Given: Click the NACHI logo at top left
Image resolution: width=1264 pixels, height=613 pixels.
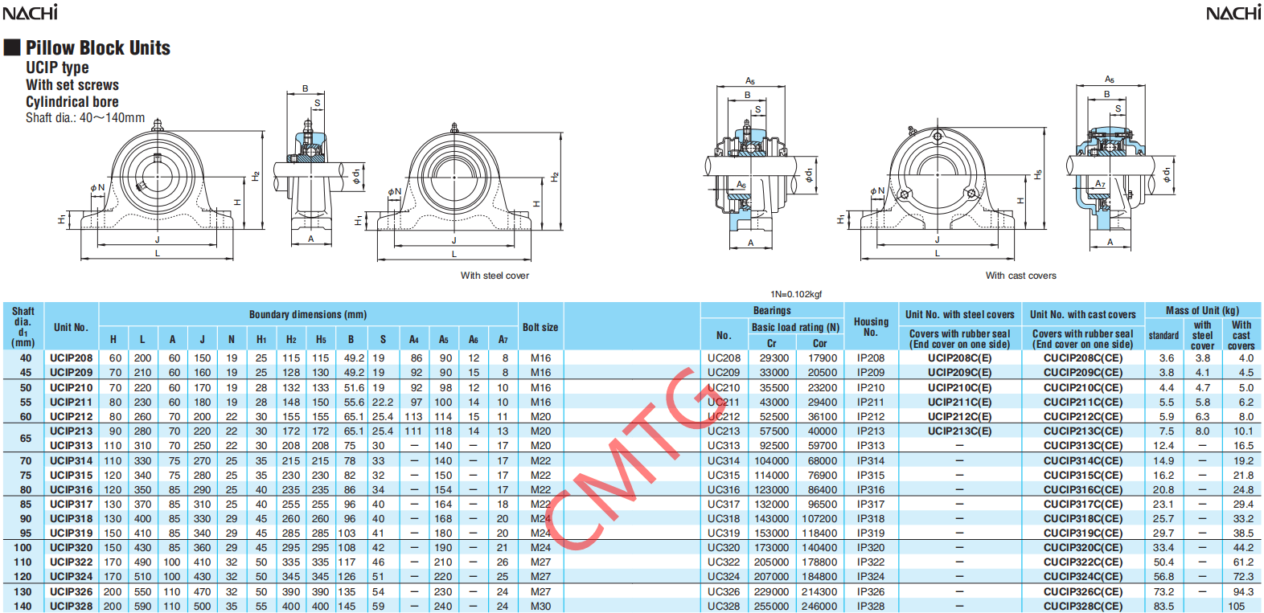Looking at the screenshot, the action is pyautogui.click(x=31, y=12).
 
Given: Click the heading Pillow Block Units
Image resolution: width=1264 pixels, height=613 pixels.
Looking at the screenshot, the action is pyautogui.click(x=97, y=48).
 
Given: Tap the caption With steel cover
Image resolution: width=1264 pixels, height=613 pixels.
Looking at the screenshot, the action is pyautogui.click(x=495, y=276).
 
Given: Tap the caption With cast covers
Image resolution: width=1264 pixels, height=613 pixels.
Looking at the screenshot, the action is pyautogui.click(x=1021, y=276).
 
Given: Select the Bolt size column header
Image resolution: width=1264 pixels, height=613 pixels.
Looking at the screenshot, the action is pyautogui.click(x=540, y=327).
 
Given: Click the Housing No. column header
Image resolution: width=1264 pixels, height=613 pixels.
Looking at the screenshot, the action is pyautogui.click(x=871, y=326).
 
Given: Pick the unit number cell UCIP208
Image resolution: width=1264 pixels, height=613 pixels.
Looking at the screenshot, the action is pyautogui.click(x=71, y=358).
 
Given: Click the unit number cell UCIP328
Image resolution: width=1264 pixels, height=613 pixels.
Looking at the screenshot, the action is pyautogui.click(x=71, y=607).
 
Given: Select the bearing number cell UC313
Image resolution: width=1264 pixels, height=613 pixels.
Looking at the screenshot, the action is pyautogui.click(x=724, y=446).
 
